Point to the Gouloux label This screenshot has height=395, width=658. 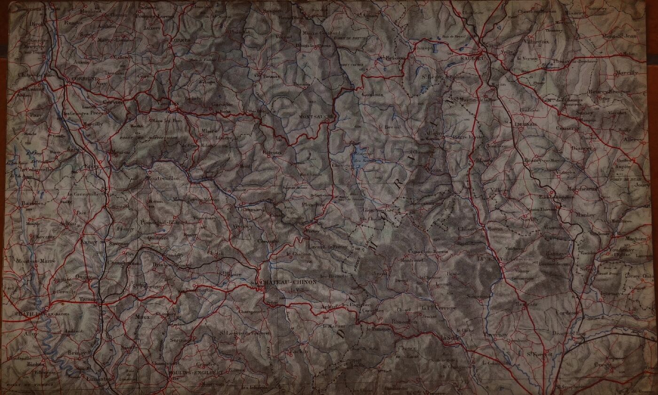tap(373, 94)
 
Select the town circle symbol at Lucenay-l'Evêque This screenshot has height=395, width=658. tap(501, 264)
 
